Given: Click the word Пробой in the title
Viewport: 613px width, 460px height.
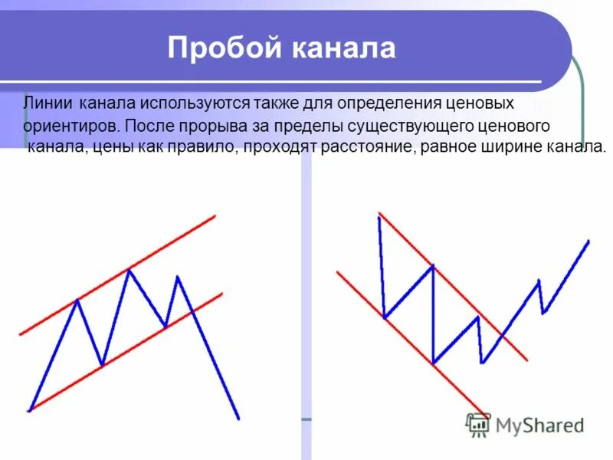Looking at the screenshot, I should [x=222, y=49].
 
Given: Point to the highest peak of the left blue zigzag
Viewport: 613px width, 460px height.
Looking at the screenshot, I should [x=129, y=269].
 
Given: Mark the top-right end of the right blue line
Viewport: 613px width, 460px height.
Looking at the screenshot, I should [x=588, y=241].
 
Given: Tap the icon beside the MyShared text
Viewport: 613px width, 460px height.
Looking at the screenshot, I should [x=478, y=423].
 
